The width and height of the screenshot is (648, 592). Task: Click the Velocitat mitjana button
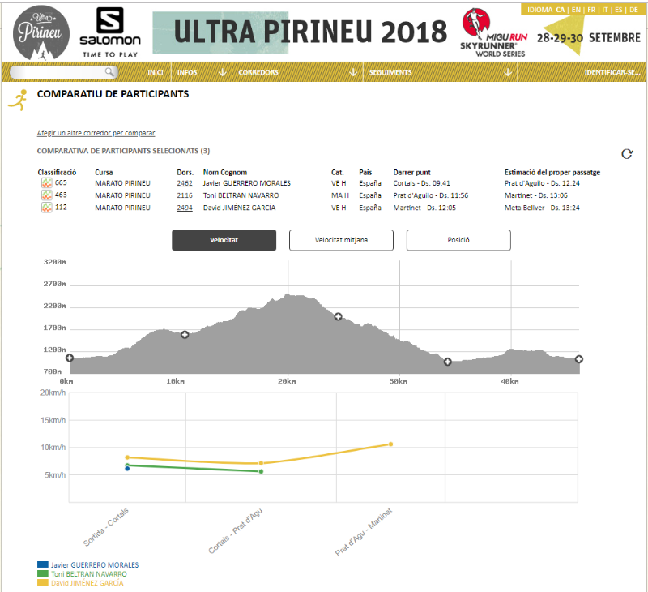[x=341, y=240]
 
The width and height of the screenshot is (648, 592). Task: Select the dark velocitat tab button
[x=224, y=240]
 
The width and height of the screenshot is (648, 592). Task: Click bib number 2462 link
[x=185, y=183]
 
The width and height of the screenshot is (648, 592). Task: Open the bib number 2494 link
[x=185, y=208]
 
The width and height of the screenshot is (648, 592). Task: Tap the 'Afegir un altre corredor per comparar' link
[x=96, y=133]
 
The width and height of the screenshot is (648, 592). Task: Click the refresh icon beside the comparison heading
[x=627, y=154]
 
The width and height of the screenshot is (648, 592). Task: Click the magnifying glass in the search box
[x=109, y=72]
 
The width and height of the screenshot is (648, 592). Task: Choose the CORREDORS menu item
[x=258, y=72]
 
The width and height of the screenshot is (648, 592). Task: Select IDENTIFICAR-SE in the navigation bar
[x=612, y=72]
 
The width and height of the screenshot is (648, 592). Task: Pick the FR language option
[x=591, y=10]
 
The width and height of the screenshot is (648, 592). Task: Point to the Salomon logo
[x=110, y=32]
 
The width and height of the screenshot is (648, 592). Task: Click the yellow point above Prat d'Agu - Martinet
[x=390, y=444]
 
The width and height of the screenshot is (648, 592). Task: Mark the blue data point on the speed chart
[x=127, y=469]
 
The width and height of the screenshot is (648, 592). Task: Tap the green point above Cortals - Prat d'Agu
[x=261, y=472]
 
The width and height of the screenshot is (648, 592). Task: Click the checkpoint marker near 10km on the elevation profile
[x=185, y=334]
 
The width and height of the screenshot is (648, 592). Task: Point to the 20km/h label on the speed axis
[x=53, y=393]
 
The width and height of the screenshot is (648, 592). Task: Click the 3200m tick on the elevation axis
[x=54, y=262]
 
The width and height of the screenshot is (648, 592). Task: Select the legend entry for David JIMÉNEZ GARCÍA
[x=87, y=583]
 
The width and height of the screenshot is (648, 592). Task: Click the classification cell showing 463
[x=61, y=195]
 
